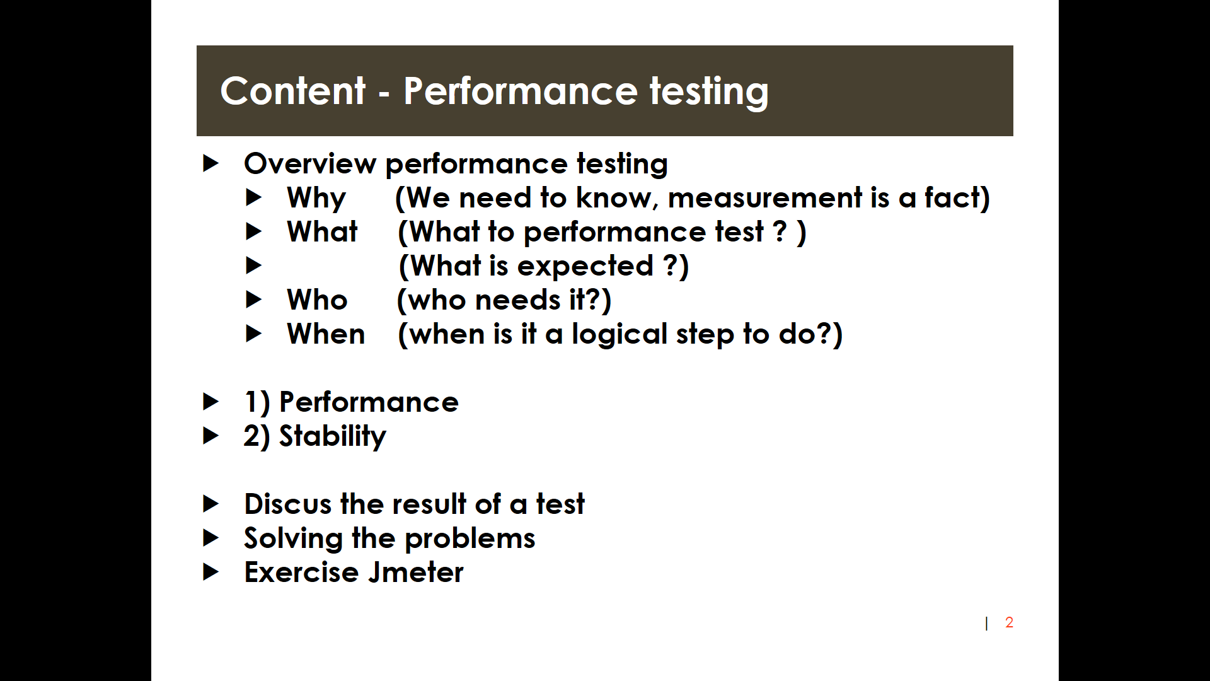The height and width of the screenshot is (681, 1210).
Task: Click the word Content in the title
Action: (292, 91)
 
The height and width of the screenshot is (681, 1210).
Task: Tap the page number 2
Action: (1009, 622)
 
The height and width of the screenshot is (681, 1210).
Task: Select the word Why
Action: (316, 199)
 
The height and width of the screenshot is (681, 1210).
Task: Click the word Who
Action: (317, 300)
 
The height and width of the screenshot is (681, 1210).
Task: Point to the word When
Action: (326, 334)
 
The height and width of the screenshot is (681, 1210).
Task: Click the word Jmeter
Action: (416, 572)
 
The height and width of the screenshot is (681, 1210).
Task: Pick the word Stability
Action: (332, 437)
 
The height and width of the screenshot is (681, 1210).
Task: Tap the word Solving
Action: (293, 539)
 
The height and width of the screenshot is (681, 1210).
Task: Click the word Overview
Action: (310, 163)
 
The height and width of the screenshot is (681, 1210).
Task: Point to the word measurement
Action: (765, 198)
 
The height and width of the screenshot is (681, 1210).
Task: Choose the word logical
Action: (619, 335)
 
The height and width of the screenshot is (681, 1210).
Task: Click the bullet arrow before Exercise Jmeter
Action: (210, 572)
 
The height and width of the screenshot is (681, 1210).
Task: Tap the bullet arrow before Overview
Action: (210, 163)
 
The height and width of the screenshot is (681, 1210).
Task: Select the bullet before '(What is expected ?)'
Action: (253, 265)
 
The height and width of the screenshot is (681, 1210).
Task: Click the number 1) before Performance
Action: (257, 403)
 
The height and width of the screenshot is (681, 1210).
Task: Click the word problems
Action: (470, 539)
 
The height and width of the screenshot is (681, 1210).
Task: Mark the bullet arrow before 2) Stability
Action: (210, 436)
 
